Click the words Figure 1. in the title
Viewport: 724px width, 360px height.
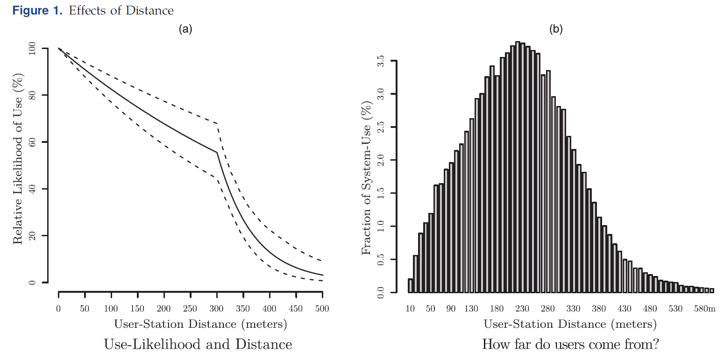coord(40,10)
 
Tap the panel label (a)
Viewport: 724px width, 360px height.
coord(185,29)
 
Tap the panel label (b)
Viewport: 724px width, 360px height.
coord(556,29)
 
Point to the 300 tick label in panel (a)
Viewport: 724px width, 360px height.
coord(217,309)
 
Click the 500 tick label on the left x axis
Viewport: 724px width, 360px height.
coord(322,309)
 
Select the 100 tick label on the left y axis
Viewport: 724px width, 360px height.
coord(32,49)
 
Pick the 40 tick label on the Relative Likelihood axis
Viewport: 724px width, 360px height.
coord(32,189)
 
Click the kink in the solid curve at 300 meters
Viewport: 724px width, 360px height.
coord(217,152)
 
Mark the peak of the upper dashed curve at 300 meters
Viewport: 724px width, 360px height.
coord(217,124)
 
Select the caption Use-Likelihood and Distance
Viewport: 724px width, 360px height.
coord(198,345)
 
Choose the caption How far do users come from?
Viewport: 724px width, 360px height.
coord(570,345)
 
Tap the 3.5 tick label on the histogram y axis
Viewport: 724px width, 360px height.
coord(381,61)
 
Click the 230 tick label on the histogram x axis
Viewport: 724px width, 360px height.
coord(522,309)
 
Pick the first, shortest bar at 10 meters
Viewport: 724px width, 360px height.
coord(411,286)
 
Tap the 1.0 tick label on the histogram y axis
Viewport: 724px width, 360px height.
coord(381,226)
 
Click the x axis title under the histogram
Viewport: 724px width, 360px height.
coord(570,324)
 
